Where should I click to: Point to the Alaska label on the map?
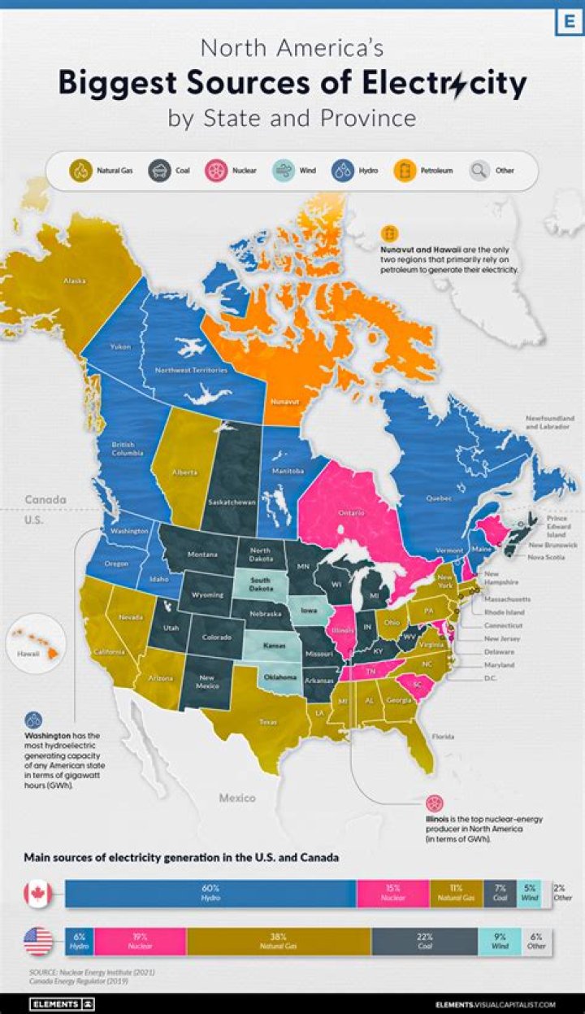coord(75,281)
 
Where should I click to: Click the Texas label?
coord(267,720)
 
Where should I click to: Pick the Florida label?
coord(443,737)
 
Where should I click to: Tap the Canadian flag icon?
coord(38,894)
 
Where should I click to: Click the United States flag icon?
coord(38,941)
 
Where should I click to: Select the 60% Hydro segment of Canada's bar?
coord(210,894)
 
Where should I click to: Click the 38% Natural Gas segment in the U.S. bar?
coord(279,941)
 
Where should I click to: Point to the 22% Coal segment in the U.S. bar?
coord(424,941)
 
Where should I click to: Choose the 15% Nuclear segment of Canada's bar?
coord(392,894)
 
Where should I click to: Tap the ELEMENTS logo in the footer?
coord(62,1004)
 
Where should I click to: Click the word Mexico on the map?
coord(239,799)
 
